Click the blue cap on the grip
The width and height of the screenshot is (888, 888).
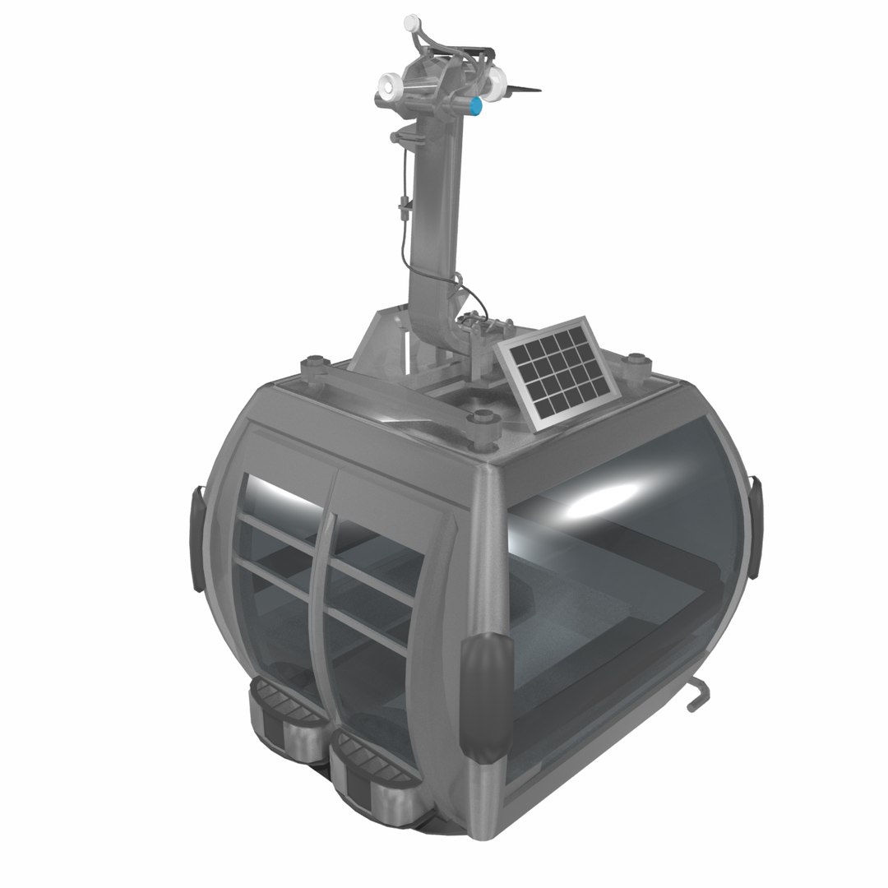coord(476,106)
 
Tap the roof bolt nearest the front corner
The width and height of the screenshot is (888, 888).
coord(483,421)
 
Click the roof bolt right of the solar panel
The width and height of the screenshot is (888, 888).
coord(636,362)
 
